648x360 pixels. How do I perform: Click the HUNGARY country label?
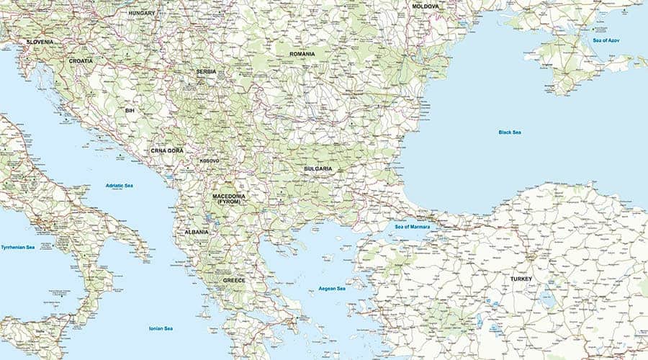(142, 13)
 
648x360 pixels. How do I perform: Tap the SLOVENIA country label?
(40, 42)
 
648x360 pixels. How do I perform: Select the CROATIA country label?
(81, 61)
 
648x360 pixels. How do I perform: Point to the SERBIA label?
(206, 72)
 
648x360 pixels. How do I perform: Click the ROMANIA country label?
(302, 54)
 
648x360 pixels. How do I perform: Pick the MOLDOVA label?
(425, 6)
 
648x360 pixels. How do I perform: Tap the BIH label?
(130, 111)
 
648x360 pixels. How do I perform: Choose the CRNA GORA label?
(167, 150)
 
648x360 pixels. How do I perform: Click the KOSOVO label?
(210, 161)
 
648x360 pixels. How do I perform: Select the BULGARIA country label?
(318, 168)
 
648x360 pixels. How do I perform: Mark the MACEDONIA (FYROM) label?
(229, 199)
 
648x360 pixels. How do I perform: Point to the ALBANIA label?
(197, 232)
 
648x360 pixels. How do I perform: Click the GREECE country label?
(234, 280)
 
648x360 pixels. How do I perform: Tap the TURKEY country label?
(521, 278)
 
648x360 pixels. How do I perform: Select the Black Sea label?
(510, 132)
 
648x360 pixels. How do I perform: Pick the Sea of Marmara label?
(413, 227)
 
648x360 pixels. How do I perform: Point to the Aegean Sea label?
(332, 289)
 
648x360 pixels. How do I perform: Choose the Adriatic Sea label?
(120, 186)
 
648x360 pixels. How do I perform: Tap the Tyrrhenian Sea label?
(18, 247)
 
